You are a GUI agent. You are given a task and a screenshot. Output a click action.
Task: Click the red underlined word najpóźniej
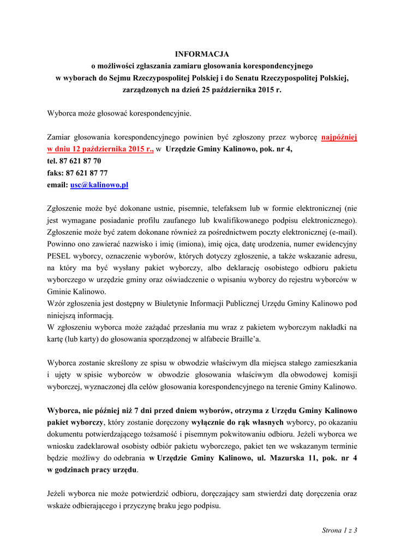click(x=339, y=137)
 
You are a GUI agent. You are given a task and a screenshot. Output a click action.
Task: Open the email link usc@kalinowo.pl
click(x=99, y=185)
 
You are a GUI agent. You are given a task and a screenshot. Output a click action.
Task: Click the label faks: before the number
click(x=56, y=173)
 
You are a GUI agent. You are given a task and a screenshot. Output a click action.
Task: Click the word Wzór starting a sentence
click(x=57, y=304)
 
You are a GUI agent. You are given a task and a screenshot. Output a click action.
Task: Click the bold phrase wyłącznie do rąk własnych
click(x=237, y=422)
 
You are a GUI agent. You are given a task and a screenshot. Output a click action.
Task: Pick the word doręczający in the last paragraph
click(x=220, y=494)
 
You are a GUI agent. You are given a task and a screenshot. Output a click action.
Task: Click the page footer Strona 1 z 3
click(x=339, y=530)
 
